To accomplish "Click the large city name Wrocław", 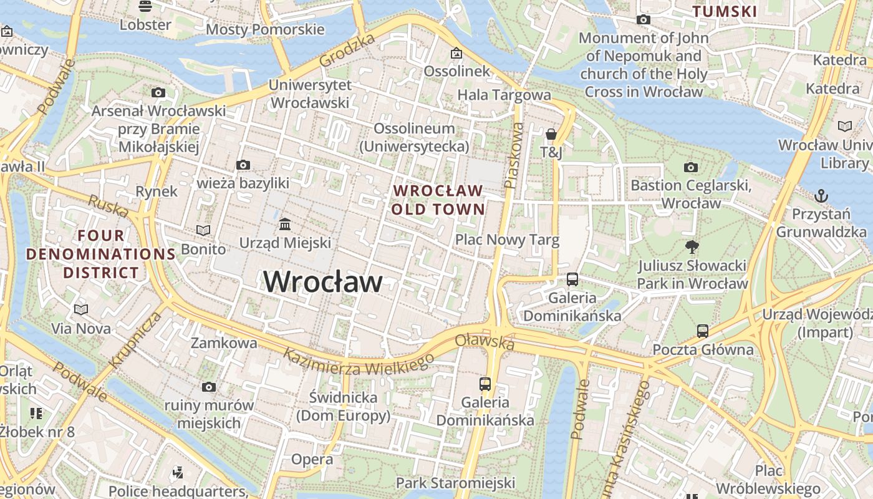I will click(x=323, y=282).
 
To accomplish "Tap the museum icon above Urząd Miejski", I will click(x=285, y=224).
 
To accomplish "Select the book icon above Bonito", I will click(x=203, y=231).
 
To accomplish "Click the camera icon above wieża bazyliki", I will click(x=243, y=165).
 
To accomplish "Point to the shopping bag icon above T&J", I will click(x=551, y=134).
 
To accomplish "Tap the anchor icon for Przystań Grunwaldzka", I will click(x=821, y=196).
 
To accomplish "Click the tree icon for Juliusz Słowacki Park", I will click(x=692, y=247).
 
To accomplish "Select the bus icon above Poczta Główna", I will click(x=703, y=331).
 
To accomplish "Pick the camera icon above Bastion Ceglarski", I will click(x=690, y=167).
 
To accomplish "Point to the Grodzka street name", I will click(x=347, y=51).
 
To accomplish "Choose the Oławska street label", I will click(x=485, y=341).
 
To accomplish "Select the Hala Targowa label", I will click(x=504, y=95).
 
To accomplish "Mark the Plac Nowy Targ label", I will click(x=507, y=240).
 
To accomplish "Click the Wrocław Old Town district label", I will click(x=438, y=200).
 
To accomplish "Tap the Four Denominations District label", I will click(x=100, y=254).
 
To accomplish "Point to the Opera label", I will click(x=312, y=460).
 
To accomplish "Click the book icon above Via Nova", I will click(x=81, y=309).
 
